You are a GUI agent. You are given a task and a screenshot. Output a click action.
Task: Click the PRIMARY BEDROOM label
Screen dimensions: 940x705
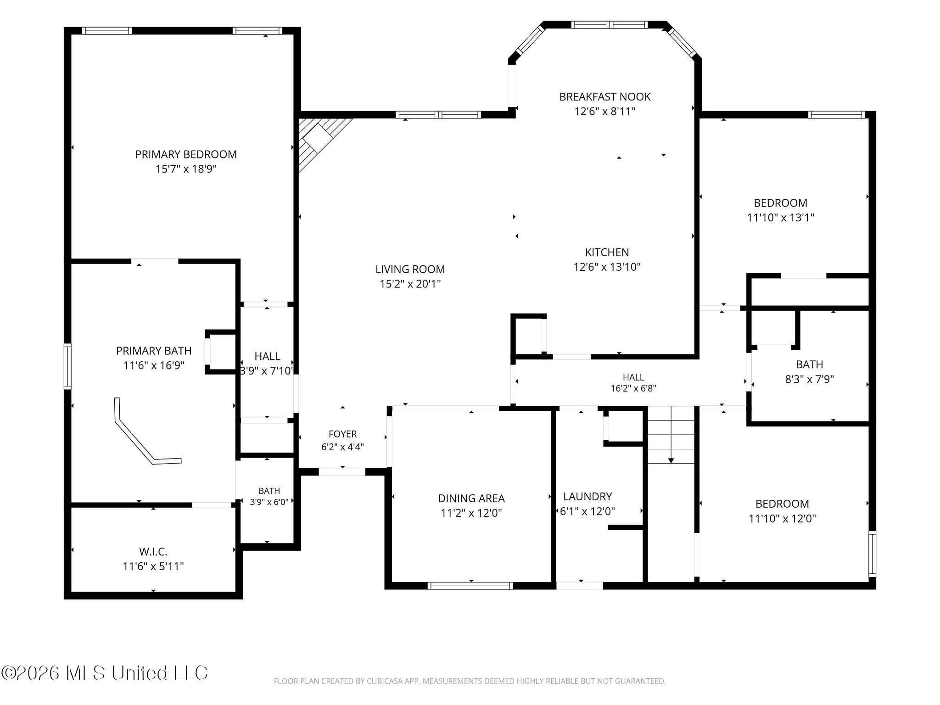click(186, 154)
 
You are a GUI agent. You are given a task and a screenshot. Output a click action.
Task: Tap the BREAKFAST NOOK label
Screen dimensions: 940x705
click(605, 97)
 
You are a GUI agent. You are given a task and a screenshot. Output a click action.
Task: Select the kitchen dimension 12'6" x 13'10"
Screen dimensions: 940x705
click(607, 267)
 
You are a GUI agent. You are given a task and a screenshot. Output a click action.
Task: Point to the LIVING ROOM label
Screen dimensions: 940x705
click(410, 269)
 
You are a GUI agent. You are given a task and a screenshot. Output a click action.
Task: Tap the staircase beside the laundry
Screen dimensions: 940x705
click(671, 435)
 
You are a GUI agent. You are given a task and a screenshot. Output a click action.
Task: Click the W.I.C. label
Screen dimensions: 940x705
click(153, 552)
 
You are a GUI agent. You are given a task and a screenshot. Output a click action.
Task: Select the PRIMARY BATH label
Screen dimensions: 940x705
click(154, 351)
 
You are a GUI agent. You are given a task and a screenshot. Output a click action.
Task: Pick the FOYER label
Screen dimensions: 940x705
click(342, 434)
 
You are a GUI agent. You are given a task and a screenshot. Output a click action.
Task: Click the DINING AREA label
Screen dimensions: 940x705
click(471, 498)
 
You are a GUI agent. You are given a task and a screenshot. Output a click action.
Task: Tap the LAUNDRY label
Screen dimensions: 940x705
click(587, 497)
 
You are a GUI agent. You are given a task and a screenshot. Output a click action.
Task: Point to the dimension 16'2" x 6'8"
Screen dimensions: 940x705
click(633, 388)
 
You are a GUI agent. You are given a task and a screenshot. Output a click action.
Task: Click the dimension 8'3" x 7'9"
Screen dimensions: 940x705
click(810, 379)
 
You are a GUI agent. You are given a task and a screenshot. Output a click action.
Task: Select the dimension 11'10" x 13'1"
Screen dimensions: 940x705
click(781, 218)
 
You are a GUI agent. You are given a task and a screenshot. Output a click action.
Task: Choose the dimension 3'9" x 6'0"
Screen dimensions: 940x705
click(269, 502)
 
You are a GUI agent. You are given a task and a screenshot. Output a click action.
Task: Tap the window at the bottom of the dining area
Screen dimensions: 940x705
click(470, 585)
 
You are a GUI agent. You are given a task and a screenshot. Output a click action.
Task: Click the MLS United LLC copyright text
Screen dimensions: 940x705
click(105, 673)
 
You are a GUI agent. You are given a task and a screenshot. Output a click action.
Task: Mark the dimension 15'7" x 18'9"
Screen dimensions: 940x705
click(186, 169)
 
